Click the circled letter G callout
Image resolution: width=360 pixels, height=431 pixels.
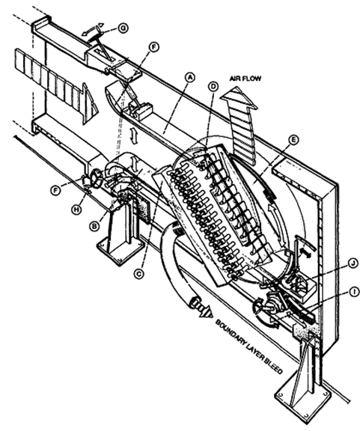(x=123, y=28)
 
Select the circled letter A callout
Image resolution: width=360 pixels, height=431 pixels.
(x=189, y=77)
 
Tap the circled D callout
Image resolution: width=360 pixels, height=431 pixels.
(x=213, y=87)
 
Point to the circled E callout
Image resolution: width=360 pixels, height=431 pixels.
(x=293, y=140)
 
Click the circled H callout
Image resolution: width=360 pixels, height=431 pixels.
(x=77, y=210)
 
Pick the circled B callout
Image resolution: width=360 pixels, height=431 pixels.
(x=94, y=226)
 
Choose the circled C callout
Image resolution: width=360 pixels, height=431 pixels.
(x=139, y=274)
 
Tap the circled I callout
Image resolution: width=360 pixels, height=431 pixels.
(x=355, y=292)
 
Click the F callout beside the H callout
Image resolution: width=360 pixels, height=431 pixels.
(x=56, y=190)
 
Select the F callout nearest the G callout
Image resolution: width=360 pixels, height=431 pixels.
(x=153, y=47)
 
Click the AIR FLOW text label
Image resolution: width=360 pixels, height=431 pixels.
(x=245, y=79)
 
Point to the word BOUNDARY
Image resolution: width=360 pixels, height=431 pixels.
(x=231, y=334)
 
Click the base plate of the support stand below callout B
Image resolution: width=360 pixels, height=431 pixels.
(x=120, y=251)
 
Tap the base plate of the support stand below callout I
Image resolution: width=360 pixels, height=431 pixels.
(x=302, y=400)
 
